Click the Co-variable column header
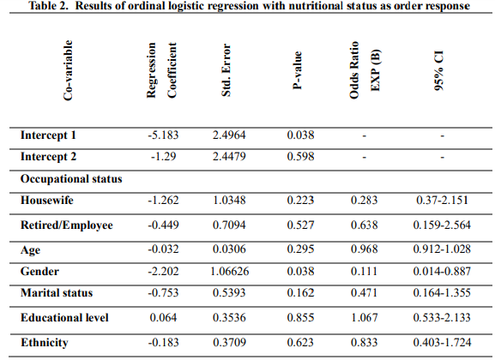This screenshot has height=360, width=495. point(68,70)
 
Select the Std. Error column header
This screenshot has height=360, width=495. point(226,70)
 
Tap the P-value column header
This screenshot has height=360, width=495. point(297,70)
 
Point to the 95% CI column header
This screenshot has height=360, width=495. point(439,70)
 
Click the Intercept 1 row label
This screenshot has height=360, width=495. point(48,135)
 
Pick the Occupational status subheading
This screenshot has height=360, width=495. point(71,179)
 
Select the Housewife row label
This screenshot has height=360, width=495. point(47,200)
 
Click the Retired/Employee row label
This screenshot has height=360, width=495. point(67,225)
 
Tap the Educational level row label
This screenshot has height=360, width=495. point(64,317)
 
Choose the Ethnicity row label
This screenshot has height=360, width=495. point(45,343)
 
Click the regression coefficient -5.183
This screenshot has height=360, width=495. point(163,135)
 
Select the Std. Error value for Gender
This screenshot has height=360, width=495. point(230,272)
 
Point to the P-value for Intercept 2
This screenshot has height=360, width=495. point(300,157)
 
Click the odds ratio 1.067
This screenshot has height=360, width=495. point(365,317)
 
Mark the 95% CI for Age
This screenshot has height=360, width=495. point(442,249)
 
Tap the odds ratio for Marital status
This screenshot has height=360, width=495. point(364,293)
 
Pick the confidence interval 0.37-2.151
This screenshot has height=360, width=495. point(442,200)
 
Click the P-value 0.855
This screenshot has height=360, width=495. point(300,317)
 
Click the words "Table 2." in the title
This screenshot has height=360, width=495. point(48,6)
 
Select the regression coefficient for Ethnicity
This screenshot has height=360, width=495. point(163,342)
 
